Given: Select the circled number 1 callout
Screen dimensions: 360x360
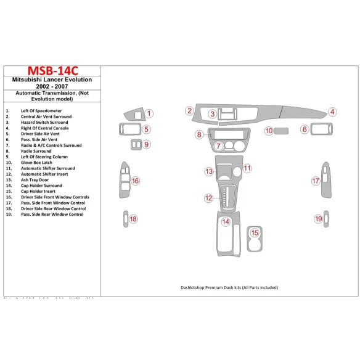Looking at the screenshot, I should (149, 113).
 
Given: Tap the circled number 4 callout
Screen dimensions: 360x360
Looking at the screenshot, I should (332, 112).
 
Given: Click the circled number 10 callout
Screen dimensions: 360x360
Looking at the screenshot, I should (269, 131).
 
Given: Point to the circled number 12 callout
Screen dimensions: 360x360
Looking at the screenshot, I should (209, 198).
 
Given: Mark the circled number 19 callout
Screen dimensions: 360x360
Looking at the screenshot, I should (319, 219).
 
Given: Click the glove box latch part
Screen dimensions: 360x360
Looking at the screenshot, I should (282, 131).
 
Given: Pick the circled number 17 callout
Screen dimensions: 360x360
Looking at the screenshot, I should (315, 181).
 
